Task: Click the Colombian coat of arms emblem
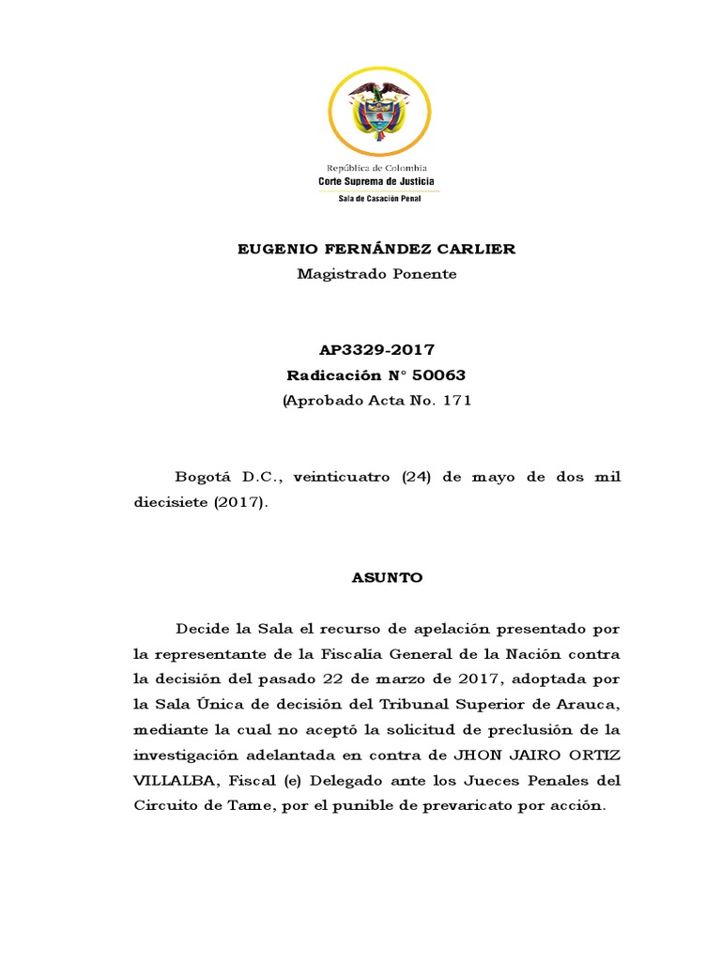[381, 113]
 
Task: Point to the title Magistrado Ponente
[376, 274]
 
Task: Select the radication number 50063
[438, 375]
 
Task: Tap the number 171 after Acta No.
[454, 401]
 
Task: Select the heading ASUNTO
[388, 578]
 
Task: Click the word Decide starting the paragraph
[198, 628]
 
